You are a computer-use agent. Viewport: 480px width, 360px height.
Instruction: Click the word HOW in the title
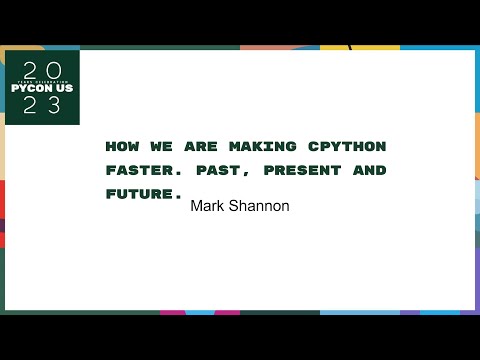coord(121,146)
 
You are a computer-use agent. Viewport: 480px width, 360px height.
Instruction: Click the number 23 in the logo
coord(41,107)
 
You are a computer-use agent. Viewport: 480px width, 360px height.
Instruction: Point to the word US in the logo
coord(62,88)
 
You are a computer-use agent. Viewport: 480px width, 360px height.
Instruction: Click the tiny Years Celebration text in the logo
coord(41,79)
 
